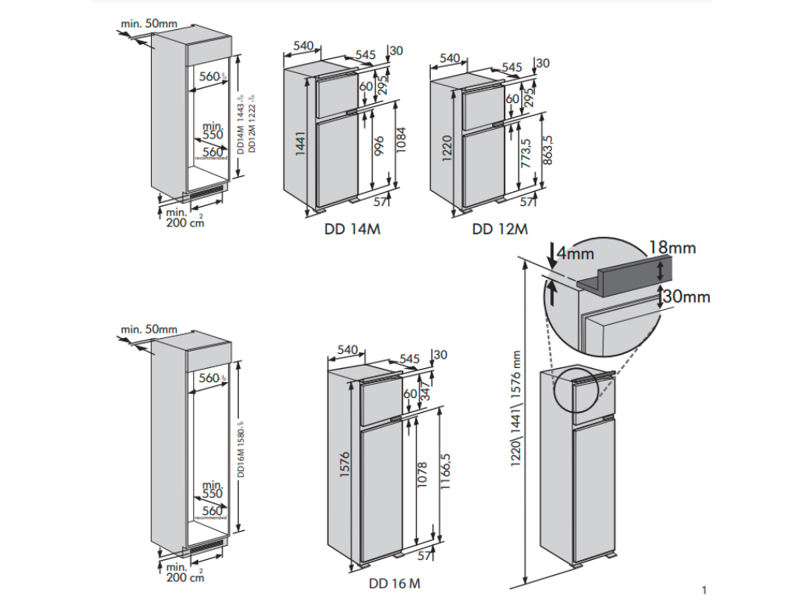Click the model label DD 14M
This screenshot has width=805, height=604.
(x=357, y=230)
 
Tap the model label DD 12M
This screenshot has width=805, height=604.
(x=500, y=230)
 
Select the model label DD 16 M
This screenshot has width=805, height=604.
(x=394, y=584)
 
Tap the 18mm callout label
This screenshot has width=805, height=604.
(x=672, y=248)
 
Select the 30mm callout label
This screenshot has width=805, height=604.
(x=686, y=296)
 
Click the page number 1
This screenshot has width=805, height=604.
(x=704, y=589)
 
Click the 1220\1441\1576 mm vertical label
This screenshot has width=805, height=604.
(x=516, y=409)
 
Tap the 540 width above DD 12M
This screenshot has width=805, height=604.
(x=450, y=58)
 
